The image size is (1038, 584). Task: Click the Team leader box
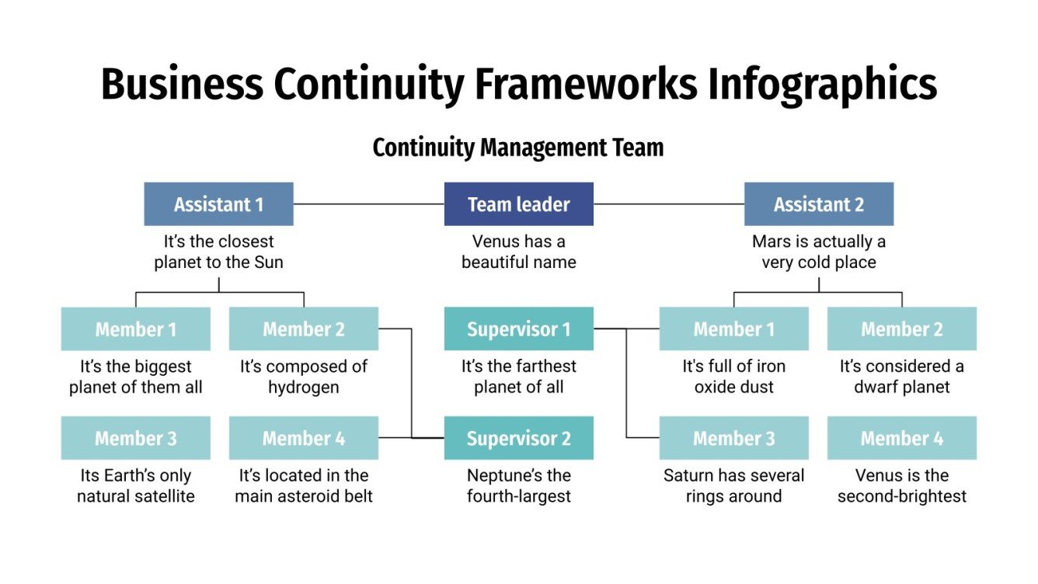pos(518,204)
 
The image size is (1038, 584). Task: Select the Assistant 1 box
pos(218,204)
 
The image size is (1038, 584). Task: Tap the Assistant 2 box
pos(818,204)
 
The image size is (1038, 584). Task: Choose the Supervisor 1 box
pos(518,329)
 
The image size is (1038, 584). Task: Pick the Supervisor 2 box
pos(518,438)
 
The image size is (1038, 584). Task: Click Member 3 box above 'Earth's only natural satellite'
pos(135,438)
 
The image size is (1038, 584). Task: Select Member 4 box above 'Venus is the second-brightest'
pos(901,438)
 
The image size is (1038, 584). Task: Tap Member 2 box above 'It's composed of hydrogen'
pos(303,329)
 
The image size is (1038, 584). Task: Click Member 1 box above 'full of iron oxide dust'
pos(733,329)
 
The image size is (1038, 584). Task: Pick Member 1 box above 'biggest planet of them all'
pos(135,329)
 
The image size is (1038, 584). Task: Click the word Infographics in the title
pos(821,85)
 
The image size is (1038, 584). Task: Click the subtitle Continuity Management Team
pos(518,148)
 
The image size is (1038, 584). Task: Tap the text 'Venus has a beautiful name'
pos(518,252)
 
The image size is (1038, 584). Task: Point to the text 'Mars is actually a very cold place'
pos(818,252)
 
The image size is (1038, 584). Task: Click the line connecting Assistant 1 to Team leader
pos(368,204)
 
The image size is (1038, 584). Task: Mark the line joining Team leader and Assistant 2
pos(668,204)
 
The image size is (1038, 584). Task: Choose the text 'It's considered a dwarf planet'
pos(901,376)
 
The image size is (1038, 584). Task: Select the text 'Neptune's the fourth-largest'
pos(518,485)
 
